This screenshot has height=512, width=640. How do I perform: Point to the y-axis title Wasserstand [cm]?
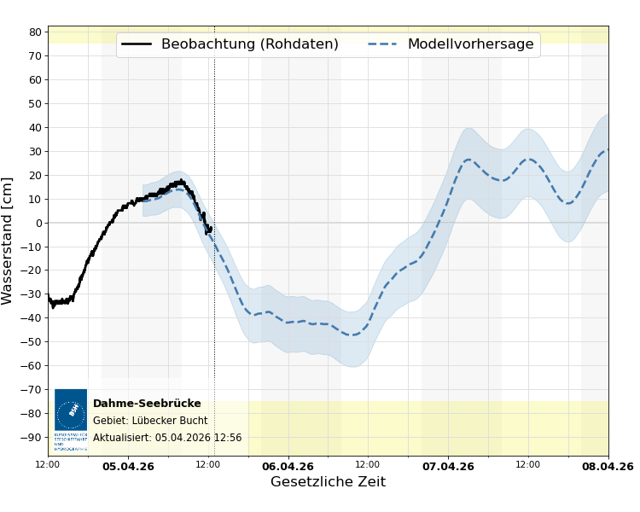pyautogui.click(x=9, y=241)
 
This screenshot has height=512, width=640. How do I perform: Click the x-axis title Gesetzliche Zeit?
pyautogui.click(x=328, y=482)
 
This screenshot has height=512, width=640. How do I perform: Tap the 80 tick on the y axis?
pyautogui.click(x=35, y=32)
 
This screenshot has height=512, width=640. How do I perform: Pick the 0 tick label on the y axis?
pyautogui.click(x=38, y=223)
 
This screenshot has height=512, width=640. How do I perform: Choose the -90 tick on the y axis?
pyautogui.click(x=32, y=437)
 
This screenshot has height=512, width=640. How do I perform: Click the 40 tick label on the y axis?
pyautogui.click(x=35, y=127)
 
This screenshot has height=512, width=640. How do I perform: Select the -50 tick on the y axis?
pyautogui.click(x=32, y=342)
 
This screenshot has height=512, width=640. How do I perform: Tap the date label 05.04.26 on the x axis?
pyautogui.click(x=128, y=467)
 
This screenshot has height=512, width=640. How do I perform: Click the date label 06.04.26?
pyautogui.click(x=288, y=467)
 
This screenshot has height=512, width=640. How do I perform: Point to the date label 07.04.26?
pyautogui.click(x=448, y=467)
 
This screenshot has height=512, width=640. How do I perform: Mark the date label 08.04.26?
pyautogui.click(x=608, y=467)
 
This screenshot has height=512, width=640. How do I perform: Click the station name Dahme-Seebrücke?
pyautogui.click(x=147, y=404)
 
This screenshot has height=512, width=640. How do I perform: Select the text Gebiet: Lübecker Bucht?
pyautogui.click(x=150, y=421)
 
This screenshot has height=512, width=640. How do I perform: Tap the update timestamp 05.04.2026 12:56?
pyautogui.click(x=198, y=438)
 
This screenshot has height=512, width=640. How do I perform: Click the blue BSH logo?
pyautogui.click(x=71, y=414)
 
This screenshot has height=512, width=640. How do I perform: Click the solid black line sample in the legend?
pyautogui.click(x=137, y=44)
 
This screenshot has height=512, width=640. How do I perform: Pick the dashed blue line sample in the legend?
pyautogui.click(x=383, y=44)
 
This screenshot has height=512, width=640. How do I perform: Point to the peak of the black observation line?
pyautogui.click(x=181, y=180)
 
